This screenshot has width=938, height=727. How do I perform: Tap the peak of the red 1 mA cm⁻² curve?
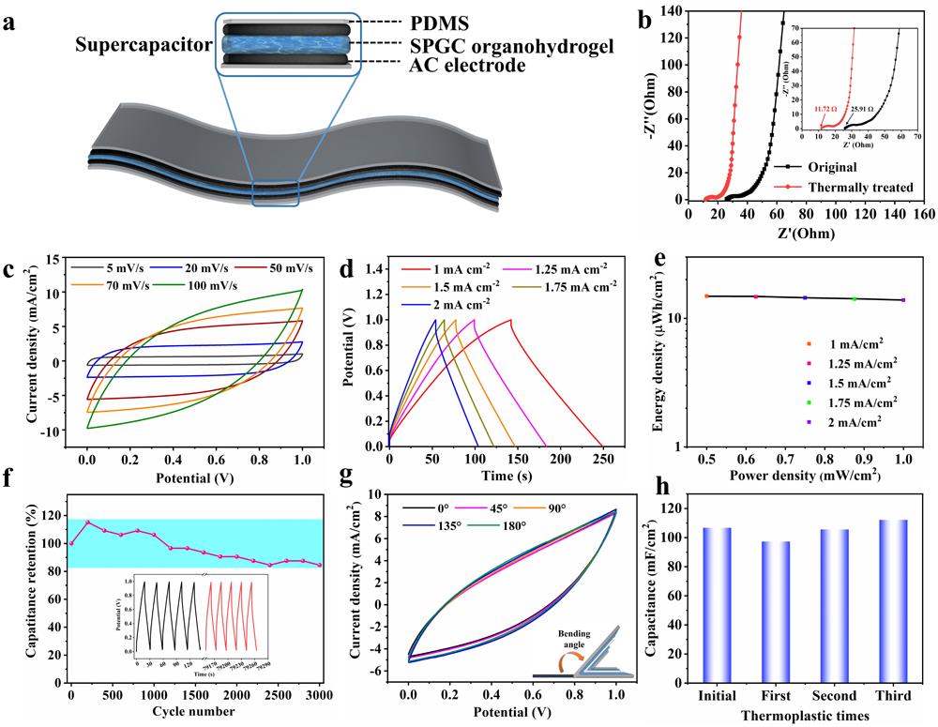510,320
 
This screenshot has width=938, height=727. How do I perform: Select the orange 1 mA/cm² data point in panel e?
706,296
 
